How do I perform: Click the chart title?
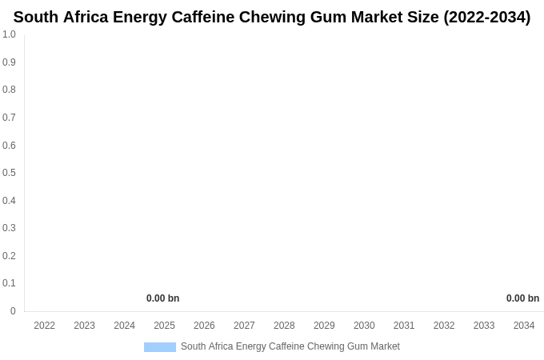pos(272,17)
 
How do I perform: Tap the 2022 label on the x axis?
pos(45,326)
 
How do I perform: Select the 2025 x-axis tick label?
pos(164,326)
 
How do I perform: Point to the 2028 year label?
pos(284,326)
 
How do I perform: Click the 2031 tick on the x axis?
pos(404,326)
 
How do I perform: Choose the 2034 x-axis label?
pos(524,326)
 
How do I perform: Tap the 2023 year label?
pos(85,326)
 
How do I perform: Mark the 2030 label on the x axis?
pos(364,326)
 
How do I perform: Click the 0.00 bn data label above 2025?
pos(162,298)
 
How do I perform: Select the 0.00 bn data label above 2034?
pos(522,298)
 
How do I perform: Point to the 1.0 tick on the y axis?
pos(9,34)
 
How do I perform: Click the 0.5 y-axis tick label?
pos(9,173)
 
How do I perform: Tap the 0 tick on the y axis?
pos(13,311)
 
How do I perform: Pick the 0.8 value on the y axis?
pos(9,90)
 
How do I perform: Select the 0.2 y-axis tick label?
pos(9,256)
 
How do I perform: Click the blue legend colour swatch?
pos(160,347)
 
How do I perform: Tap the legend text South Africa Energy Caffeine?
pos(290,346)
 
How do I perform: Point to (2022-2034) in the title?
pos(486,17)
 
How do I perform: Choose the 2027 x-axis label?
pos(244,326)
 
